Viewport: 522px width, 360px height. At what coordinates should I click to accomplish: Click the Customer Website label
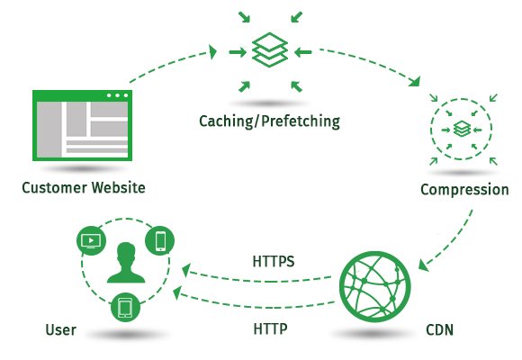84,188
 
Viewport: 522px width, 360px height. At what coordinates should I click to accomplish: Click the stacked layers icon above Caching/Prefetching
271,50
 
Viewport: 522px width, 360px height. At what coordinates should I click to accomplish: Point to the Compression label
464,190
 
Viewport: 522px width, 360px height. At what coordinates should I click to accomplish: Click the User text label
59,330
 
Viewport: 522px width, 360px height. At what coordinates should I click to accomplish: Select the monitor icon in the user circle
90,240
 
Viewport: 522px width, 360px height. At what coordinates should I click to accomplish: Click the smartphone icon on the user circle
161,240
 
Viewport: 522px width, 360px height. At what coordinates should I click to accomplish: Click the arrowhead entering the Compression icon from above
413,83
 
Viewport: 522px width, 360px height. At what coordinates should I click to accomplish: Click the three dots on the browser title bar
117,95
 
